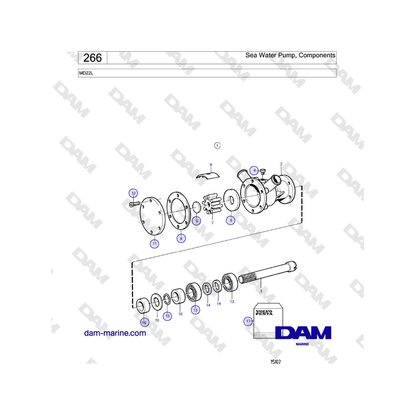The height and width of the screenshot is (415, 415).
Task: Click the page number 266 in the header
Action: pyautogui.click(x=92, y=58)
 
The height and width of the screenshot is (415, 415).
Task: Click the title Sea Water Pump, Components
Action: pyautogui.click(x=290, y=55)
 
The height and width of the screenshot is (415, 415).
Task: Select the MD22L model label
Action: pyautogui.click(x=86, y=73)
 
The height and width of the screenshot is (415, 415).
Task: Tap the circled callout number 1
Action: pyautogui.click(x=217, y=146)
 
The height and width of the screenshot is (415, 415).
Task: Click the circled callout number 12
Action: pyautogui.click(x=133, y=193)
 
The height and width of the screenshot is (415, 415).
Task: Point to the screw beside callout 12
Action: pyautogui.click(x=135, y=204)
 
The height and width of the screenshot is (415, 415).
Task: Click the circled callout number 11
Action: pyautogui.click(x=154, y=243)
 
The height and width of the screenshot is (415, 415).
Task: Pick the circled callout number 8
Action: pyautogui.click(x=181, y=238)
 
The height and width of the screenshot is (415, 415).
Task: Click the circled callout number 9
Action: pyautogui.click(x=196, y=221)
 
